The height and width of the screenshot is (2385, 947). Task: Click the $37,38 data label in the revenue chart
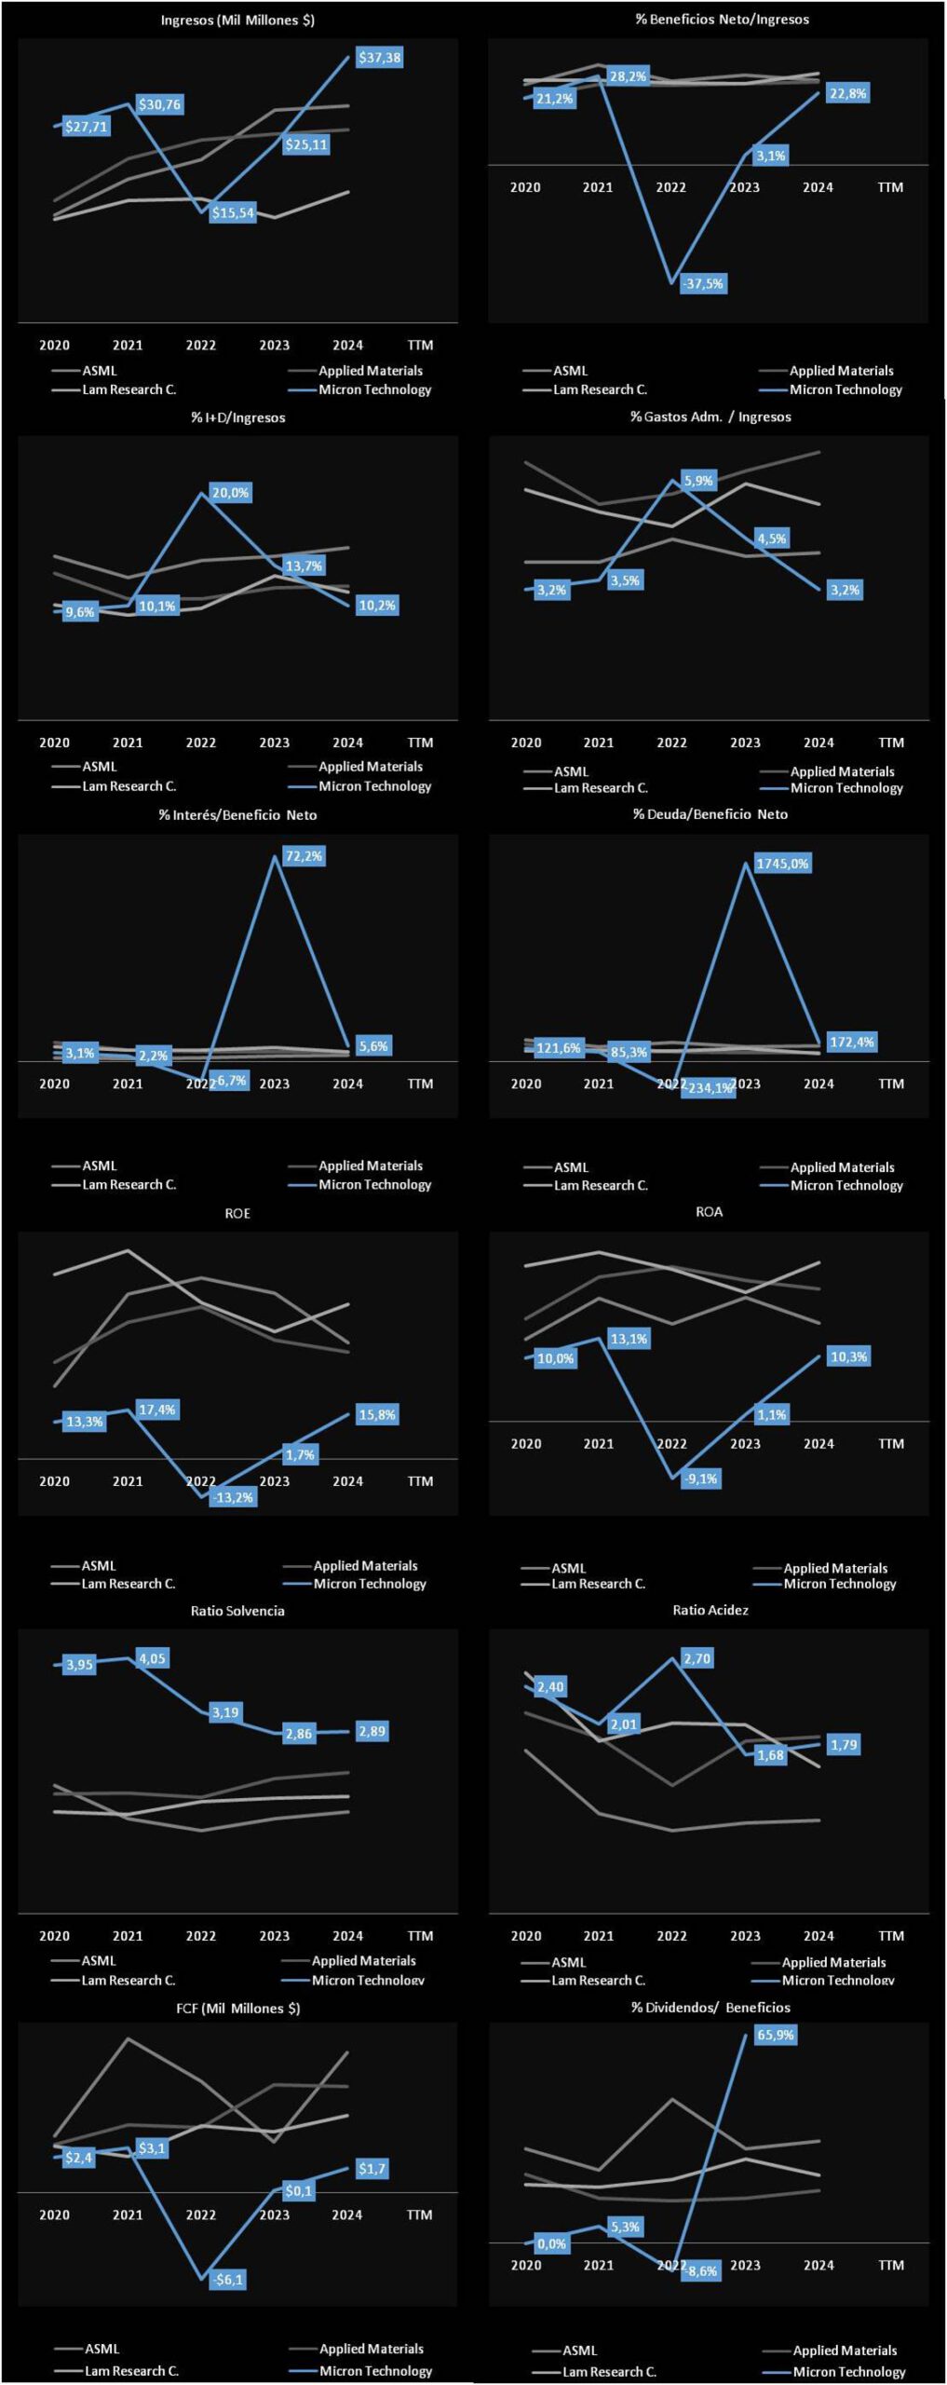click(380, 58)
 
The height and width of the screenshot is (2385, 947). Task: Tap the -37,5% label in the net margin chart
click(703, 284)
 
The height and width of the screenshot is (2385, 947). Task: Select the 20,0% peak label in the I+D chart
click(230, 493)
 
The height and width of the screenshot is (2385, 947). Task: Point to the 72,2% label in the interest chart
click(304, 856)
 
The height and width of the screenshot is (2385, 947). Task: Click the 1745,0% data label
click(782, 864)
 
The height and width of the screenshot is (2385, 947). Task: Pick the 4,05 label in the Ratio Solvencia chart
click(152, 1658)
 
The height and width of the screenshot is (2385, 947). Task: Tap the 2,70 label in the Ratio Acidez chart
click(697, 1658)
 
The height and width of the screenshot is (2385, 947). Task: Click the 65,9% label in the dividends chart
click(776, 2035)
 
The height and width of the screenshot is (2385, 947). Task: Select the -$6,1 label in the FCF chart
click(228, 2279)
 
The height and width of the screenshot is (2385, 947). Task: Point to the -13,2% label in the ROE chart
click(233, 1497)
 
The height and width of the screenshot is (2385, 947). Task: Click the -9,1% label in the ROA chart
click(700, 1479)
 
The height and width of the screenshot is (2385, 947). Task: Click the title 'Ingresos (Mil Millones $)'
click(237, 20)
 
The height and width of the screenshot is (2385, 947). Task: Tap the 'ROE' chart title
click(237, 1213)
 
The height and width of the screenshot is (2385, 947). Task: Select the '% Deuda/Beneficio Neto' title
click(710, 814)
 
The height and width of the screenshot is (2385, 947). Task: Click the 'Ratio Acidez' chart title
click(710, 1610)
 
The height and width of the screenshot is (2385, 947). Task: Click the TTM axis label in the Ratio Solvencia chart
click(420, 1935)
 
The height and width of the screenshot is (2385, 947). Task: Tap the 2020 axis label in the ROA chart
click(526, 1443)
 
